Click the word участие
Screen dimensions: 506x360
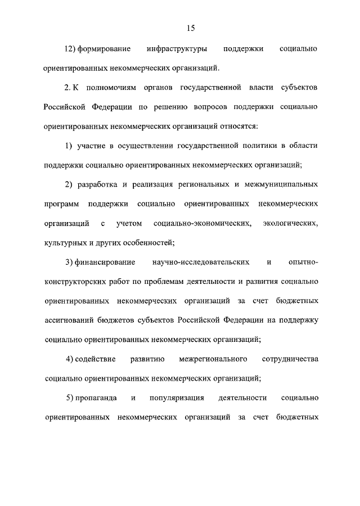(x=89, y=146)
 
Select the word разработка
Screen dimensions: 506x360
(x=97, y=184)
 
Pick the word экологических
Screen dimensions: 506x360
(x=290, y=224)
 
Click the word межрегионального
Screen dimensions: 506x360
(x=213, y=359)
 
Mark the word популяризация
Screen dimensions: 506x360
(x=177, y=398)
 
